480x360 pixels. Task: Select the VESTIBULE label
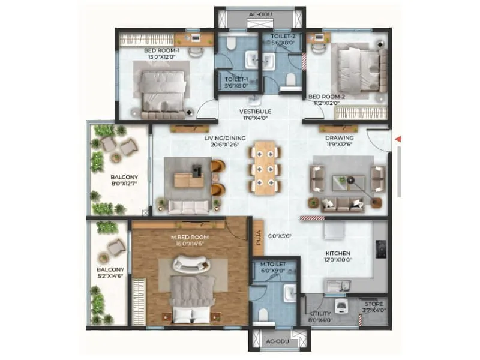[x=256, y=112]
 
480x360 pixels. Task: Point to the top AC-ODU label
[x=260, y=14]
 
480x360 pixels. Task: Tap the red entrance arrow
[x=397, y=140]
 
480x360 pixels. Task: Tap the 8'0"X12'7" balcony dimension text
[x=124, y=185]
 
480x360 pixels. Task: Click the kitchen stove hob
[x=380, y=248]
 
